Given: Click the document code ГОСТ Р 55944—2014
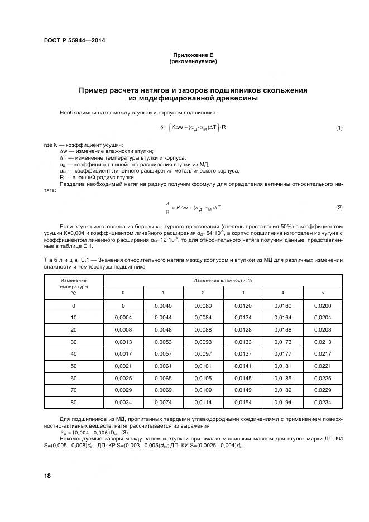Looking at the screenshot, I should [x=74, y=41].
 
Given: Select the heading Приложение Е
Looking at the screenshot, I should [x=193, y=55].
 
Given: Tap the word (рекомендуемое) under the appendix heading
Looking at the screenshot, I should [x=193, y=61].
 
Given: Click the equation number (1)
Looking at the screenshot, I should [x=339, y=128].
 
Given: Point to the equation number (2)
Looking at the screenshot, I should [x=339, y=208].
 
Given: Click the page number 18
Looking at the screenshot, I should [x=47, y=475].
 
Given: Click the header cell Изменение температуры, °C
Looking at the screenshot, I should [x=73, y=286].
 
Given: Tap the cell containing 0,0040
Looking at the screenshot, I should [x=162, y=306].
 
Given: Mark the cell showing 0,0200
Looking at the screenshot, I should [x=323, y=306].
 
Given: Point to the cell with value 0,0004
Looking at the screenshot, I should [x=123, y=317].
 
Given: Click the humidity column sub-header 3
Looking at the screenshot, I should [x=243, y=293].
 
